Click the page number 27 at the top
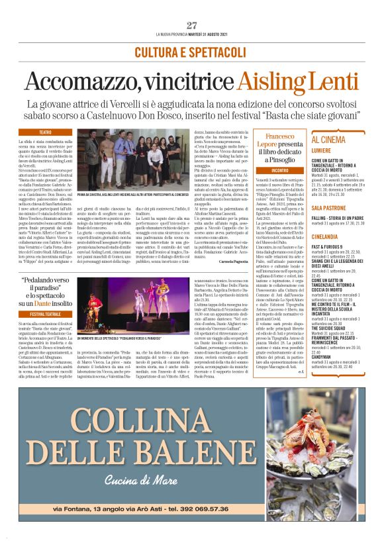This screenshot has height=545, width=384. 192,25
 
